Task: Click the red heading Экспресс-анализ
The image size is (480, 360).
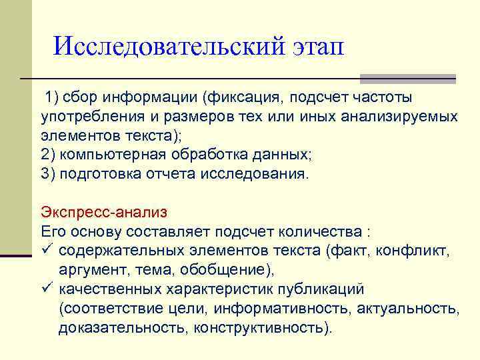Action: pos(104,213)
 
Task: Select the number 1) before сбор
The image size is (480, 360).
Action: pos(53,97)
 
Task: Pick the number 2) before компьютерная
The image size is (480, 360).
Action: pos(49,155)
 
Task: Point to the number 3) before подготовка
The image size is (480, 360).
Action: pos(49,174)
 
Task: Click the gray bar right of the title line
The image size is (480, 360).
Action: pos(407,78)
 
